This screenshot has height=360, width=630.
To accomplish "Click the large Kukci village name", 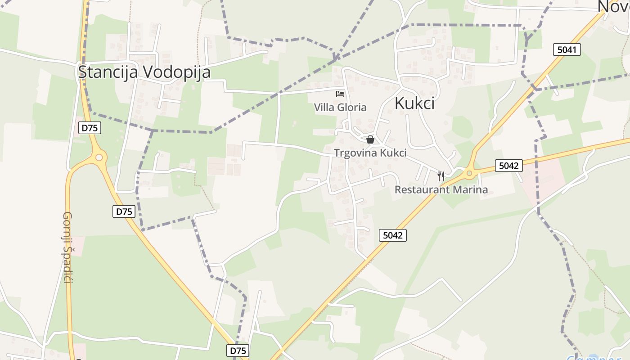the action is (414, 103).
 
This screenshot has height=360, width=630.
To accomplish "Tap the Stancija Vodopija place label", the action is (144, 72).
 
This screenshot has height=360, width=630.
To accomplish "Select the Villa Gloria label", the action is (340, 108).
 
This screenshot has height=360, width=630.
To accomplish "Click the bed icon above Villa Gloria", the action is (340, 94).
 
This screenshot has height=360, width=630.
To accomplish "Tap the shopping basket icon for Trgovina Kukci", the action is (370, 139).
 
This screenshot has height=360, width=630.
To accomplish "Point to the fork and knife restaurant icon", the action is (441, 176).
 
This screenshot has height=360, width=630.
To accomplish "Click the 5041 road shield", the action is (567, 49).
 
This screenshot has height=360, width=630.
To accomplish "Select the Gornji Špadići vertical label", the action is (67, 247).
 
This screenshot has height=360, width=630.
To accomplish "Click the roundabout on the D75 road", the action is (99, 157).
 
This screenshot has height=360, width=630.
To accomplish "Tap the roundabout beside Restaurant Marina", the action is (469, 172).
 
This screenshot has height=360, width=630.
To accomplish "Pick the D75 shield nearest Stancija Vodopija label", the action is (90, 128).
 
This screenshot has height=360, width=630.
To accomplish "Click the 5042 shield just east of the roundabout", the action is (509, 166).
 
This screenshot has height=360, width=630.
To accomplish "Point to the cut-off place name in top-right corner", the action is (614, 6).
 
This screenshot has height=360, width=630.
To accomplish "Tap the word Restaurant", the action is (422, 190).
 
